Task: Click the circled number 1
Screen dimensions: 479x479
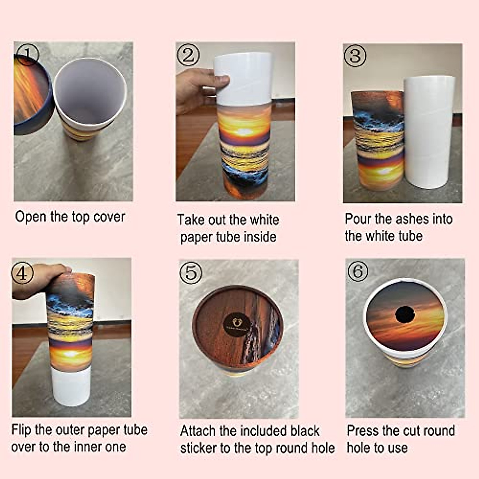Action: click(x=28, y=55)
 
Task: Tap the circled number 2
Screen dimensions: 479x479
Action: click(x=188, y=55)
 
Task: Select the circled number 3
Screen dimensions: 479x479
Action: click(x=355, y=56)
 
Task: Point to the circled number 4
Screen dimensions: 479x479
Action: click(x=23, y=273)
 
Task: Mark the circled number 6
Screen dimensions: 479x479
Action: click(x=358, y=272)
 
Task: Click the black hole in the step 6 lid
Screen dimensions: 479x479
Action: click(x=405, y=315)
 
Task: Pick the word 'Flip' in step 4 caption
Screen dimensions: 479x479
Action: click(x=21, y=430)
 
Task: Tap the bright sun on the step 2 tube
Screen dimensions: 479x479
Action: click(x=242, y=132)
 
